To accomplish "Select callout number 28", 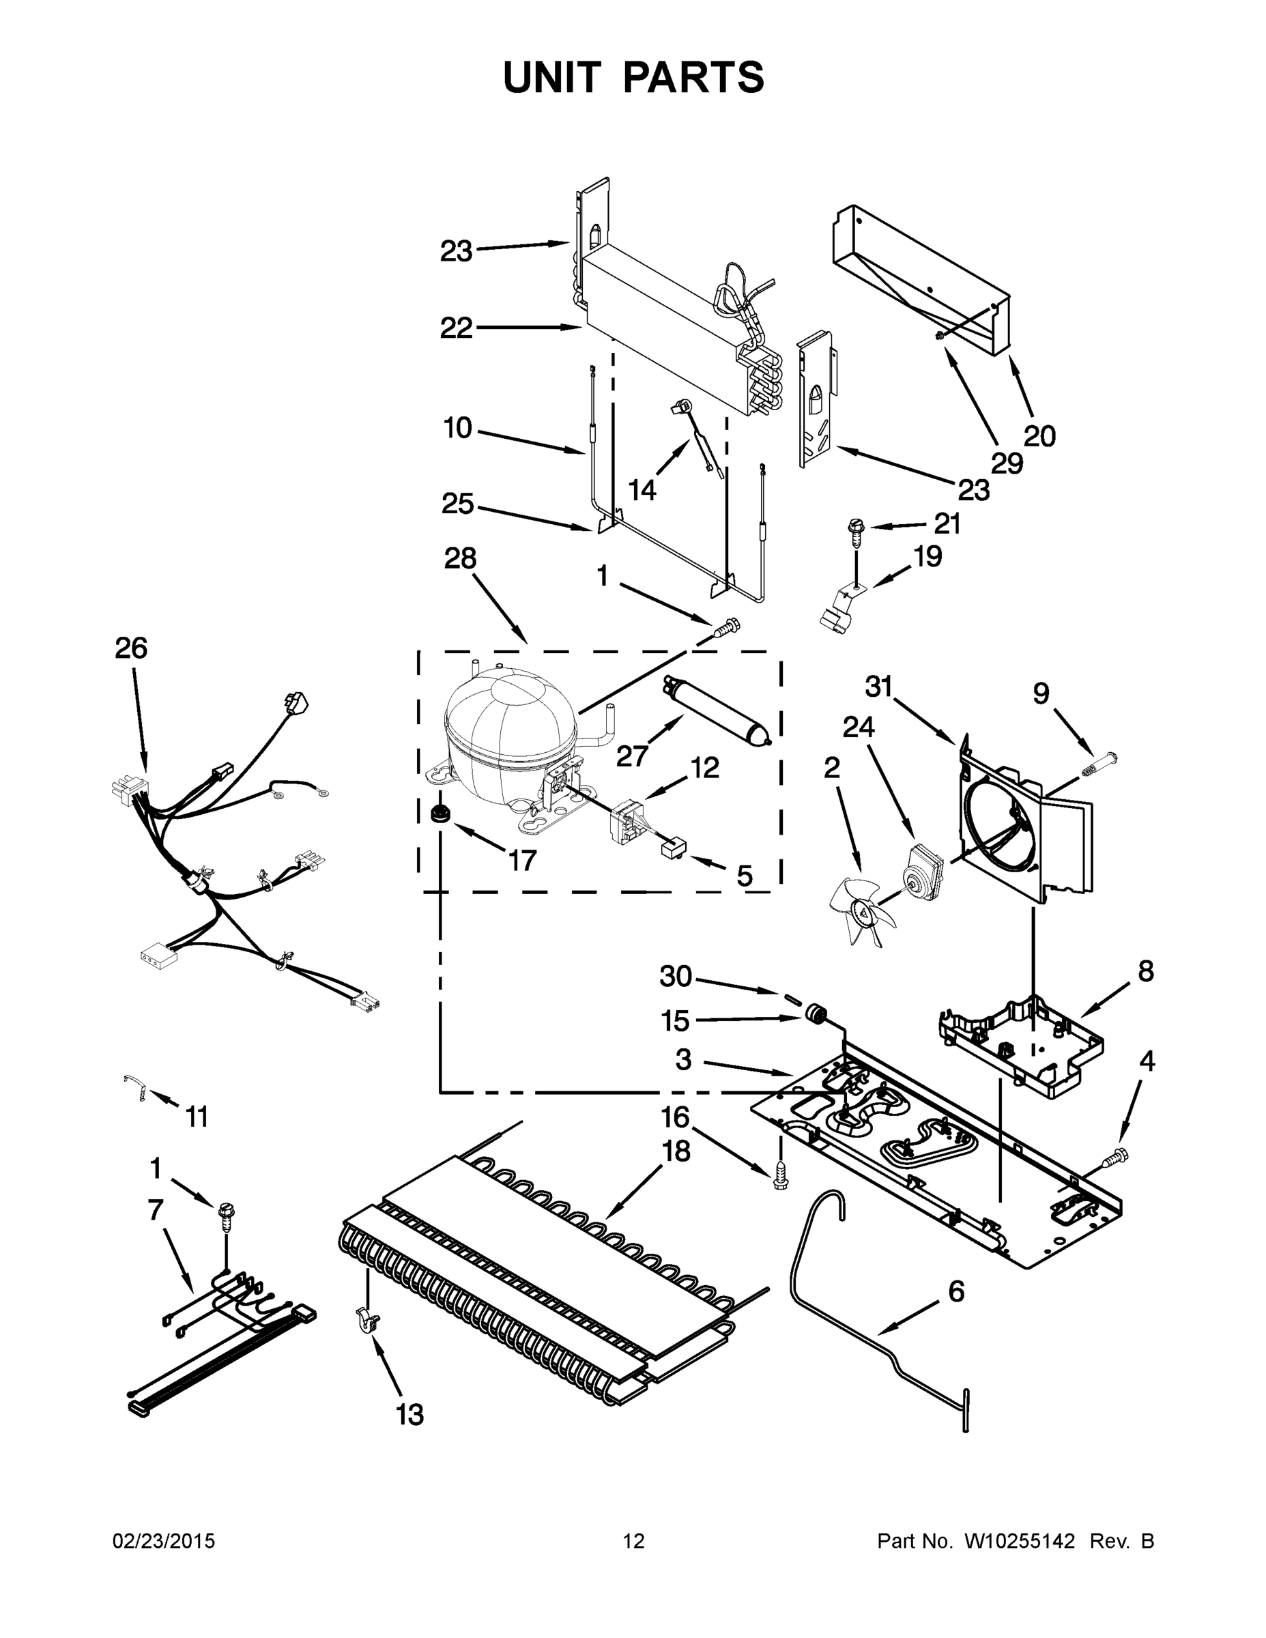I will pos(460,558).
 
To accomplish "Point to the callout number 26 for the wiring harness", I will pos(130,648).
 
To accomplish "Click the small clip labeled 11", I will pos(136,1085).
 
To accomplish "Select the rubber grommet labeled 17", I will pos(439,813).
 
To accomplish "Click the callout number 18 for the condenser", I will pos(676,1151).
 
